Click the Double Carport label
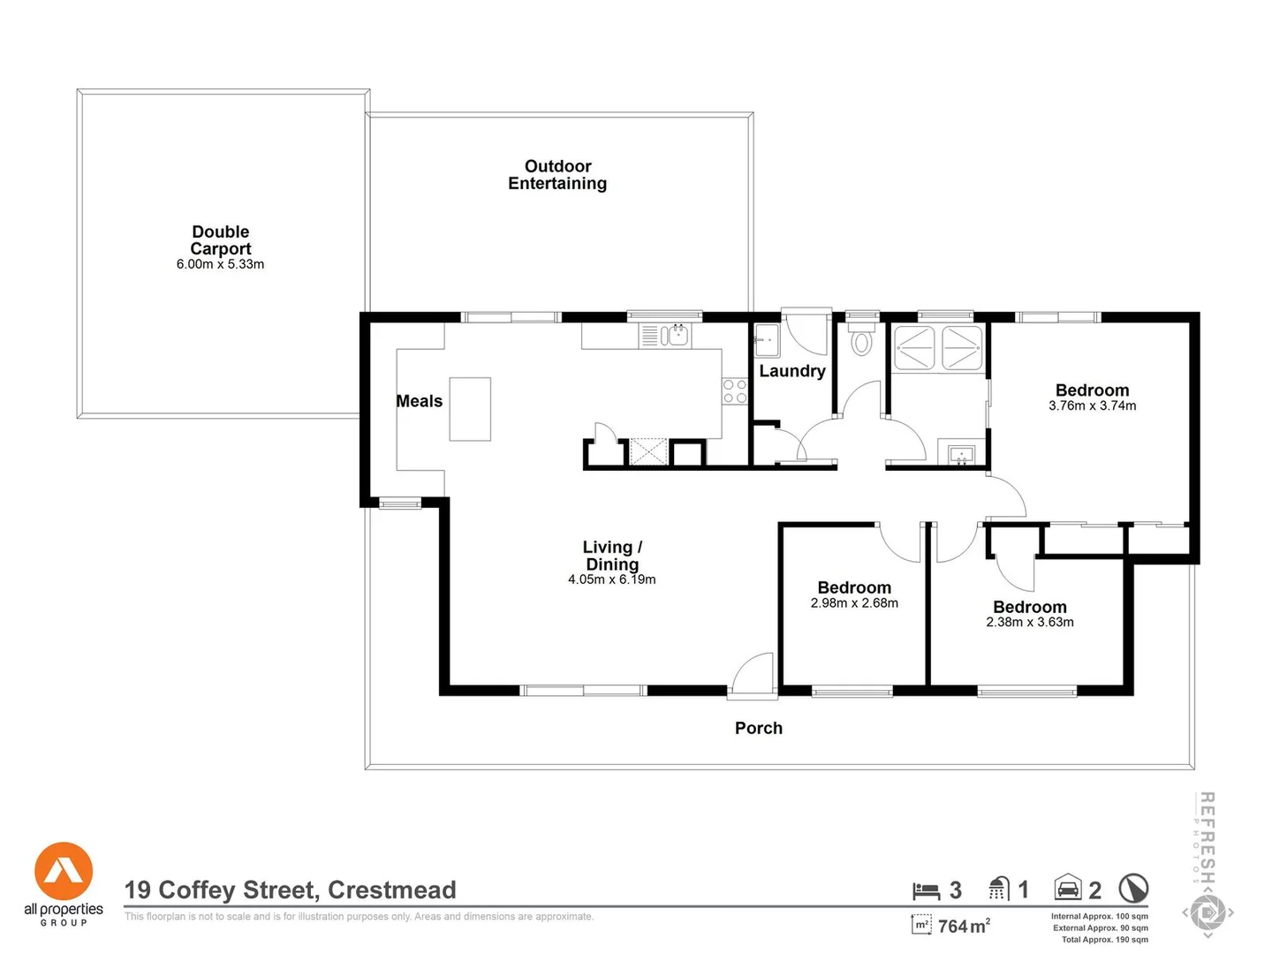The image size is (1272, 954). pyautogui.click(x=221, y=240)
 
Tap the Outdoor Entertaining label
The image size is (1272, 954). pyautogui.click(x=557, y=175)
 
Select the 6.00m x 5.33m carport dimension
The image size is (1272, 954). pyautogui.click(x=220, y=264)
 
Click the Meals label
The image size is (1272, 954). pyautogui.click(x=419, y=401)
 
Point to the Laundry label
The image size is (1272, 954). pyautogui.click(x=792, y=371)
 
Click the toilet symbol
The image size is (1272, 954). pyautogui.click(x=861, y=342)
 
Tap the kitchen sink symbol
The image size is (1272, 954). pyautogui.click(x=676, y=336)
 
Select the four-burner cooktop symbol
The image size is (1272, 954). pyautogui.click(x=735, y=391)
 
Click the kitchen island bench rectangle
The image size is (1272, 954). pyautogui.click(x=470, y=409)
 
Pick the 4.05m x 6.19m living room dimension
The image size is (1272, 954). pyautogui.click(x=611, y=579)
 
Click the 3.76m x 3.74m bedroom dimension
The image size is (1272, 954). pyautogui.click(x=1092, y=406)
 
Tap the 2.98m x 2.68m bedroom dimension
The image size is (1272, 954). pyautogui.click(x=854, y=603)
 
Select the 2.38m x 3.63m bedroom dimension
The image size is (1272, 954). pyautogui.click(x=1030, y=623)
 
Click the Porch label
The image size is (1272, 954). pyautogui.click(x=759, y=728)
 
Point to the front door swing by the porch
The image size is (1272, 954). pyautogui.click(x=753, y=675)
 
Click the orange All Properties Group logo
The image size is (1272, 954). pyautogui.click(x=64, y=871)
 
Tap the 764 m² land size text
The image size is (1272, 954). pyautogui.click(x=964, y=926)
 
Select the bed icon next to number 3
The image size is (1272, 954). pyautogui.click(x=926, y=890)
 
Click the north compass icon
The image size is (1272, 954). pyautogui.click(x=1133, y=889)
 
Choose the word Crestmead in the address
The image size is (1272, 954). pyautogui.click(x=392, y=890)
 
